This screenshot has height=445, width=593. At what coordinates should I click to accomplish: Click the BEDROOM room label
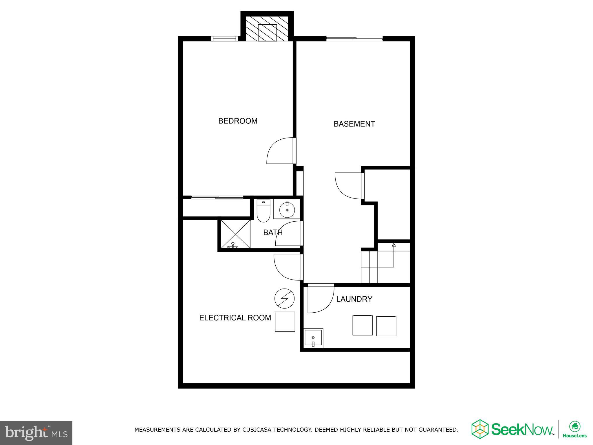238,121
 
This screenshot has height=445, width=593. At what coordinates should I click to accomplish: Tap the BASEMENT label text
354,124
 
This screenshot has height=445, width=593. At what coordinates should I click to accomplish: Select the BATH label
273,232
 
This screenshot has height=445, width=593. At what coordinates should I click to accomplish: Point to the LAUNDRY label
354,299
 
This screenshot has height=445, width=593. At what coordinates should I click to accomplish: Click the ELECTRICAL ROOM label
235,318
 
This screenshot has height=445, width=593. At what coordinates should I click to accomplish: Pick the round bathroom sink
287,209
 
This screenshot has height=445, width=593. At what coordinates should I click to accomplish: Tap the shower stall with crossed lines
236,234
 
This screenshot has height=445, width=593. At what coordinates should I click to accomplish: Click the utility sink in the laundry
313,338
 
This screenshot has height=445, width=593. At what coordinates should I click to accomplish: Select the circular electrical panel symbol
284,298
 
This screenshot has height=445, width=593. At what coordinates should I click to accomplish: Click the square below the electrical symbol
285,322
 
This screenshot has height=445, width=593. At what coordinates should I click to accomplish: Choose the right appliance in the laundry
386,326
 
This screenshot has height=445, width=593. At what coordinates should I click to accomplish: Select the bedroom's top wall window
225,39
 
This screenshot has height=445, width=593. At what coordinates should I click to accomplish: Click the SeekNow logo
513,429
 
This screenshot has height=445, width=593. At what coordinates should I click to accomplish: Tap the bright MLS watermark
36,433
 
